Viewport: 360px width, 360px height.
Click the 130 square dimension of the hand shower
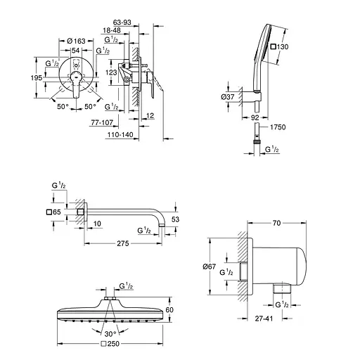pos(281,46)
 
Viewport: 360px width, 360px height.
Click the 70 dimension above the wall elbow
pos(276,223)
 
